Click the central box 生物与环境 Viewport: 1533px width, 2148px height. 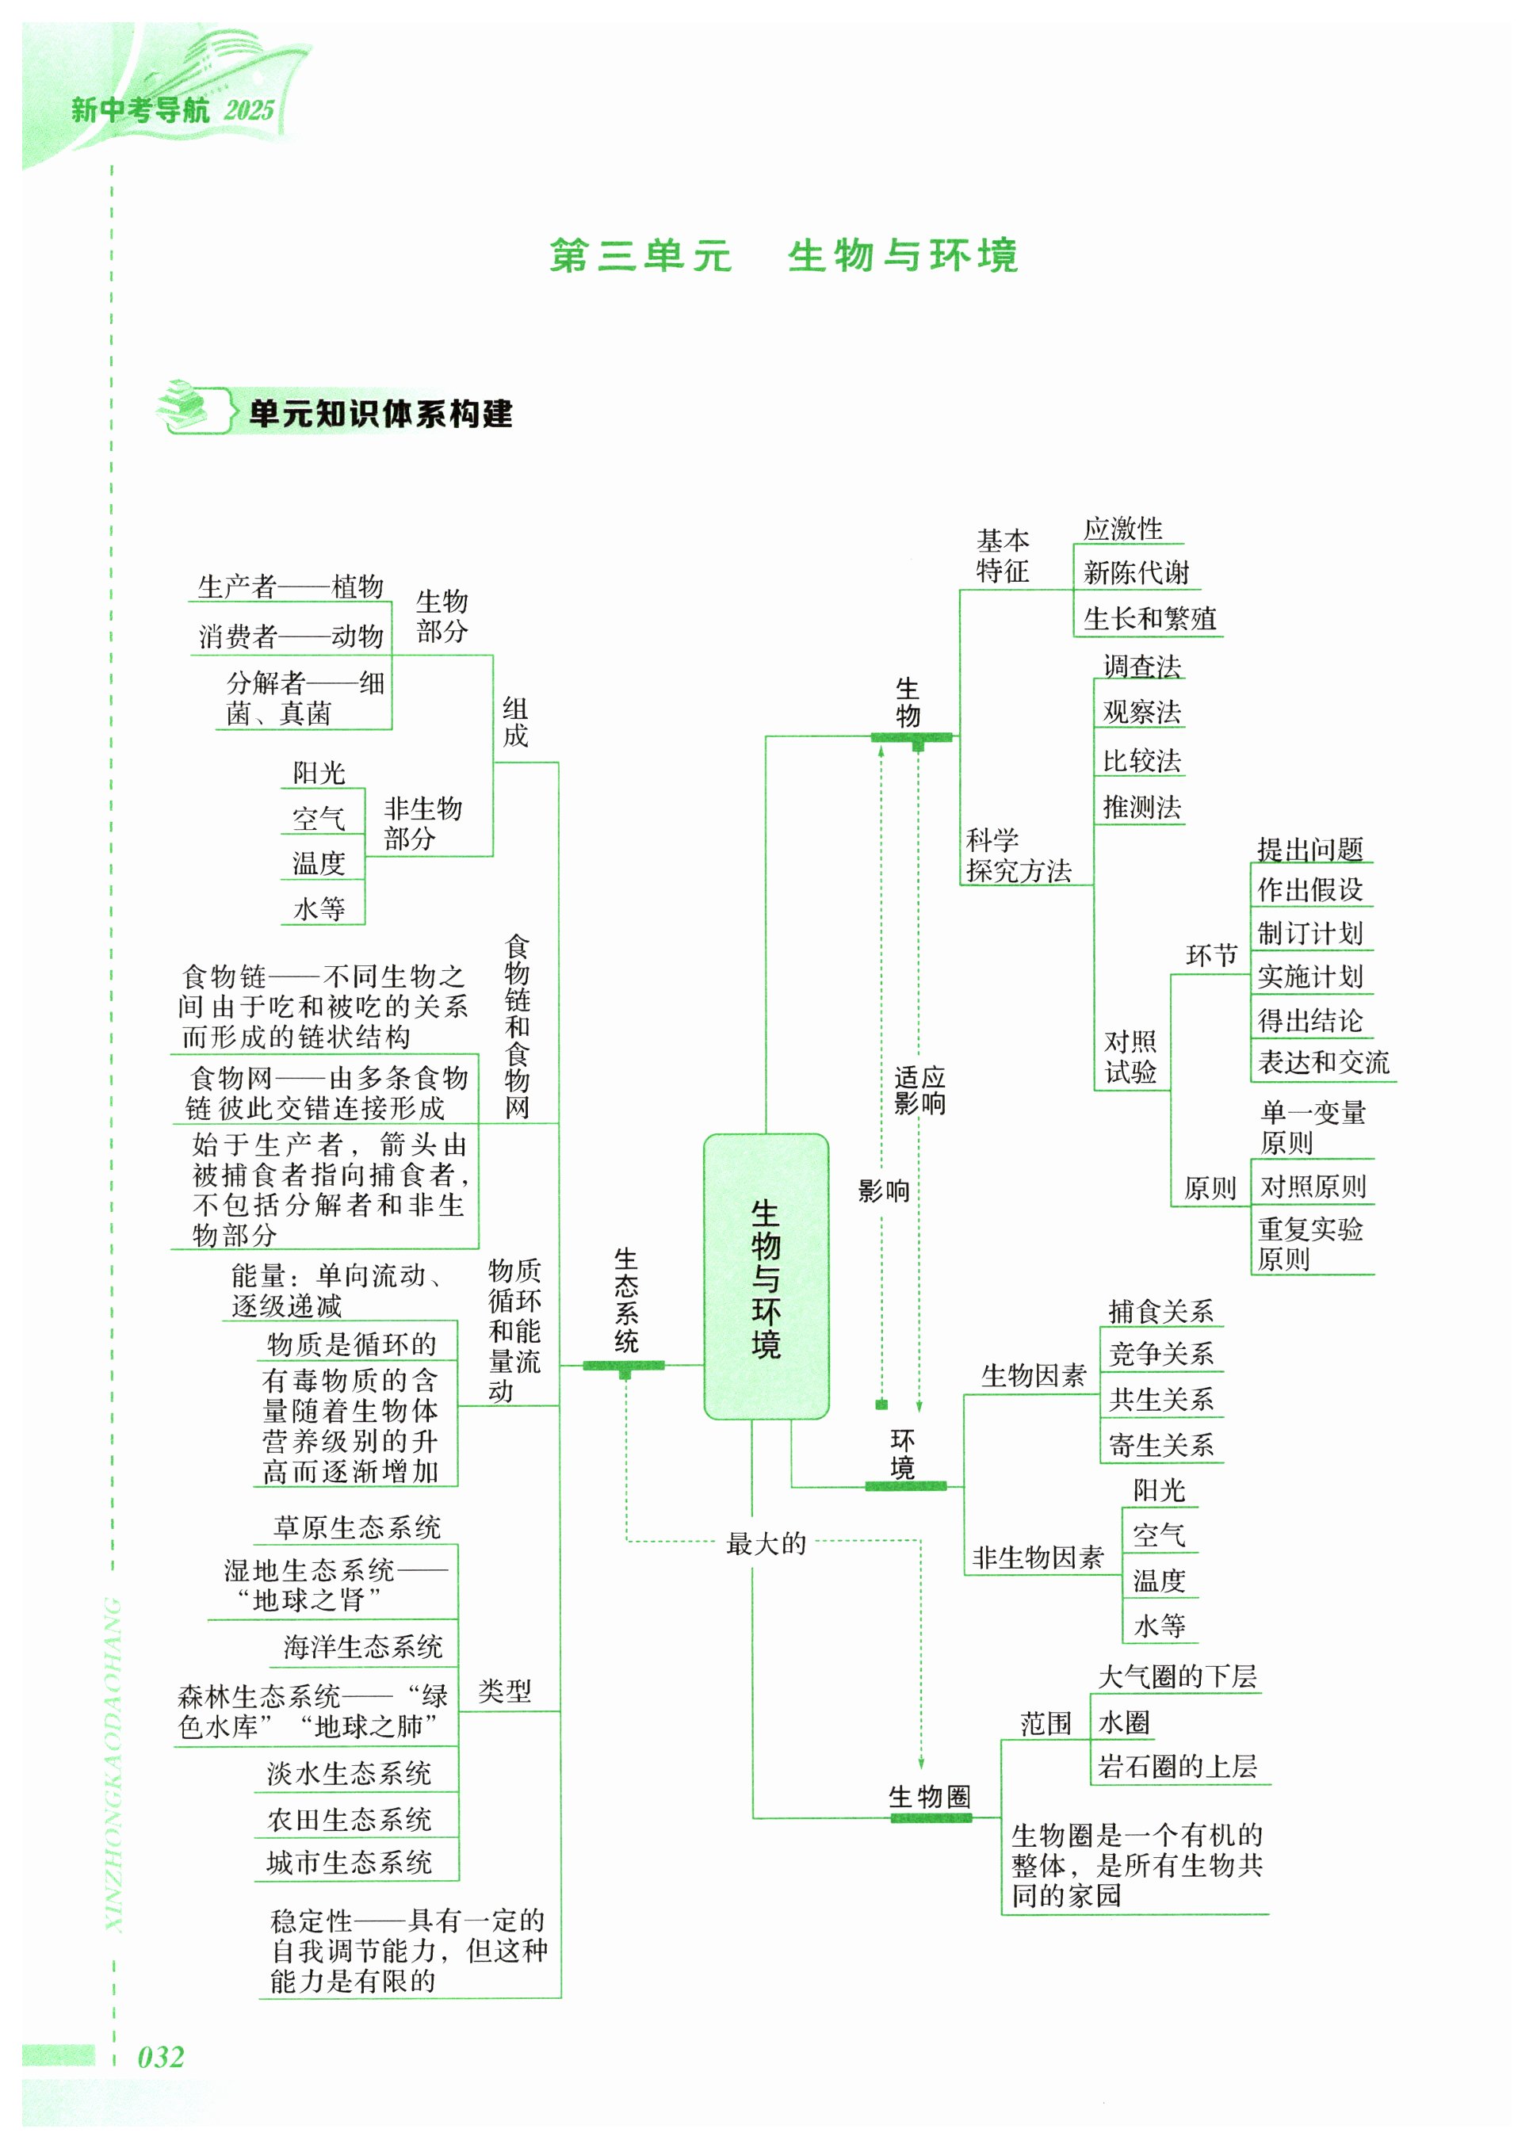pyautogui.click(x=766, y=1276)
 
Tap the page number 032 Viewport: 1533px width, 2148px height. pyautogui.click(x=162, y=2057)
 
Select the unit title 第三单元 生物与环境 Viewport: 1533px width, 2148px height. pyautogui.click(x=783, y=256)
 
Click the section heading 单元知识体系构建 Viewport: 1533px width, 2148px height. pyautogui.click(x=380, y=414)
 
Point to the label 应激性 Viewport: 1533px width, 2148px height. pyautogui.click(x=1122, y=529)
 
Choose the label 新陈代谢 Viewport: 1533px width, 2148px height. pyautogui.click(x=1136, y=572)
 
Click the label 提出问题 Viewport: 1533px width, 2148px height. pyautogui.click(x=1309, y=850)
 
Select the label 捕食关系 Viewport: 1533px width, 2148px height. pyautogui.click(x=1160, y=1311)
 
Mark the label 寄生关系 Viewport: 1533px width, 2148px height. pyautogui.click(x=1160, y=1445)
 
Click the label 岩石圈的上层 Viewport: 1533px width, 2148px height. pyautogui.click(x=1177, y=1767)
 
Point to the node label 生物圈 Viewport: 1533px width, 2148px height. pyautogui.click(x=929, y=1797)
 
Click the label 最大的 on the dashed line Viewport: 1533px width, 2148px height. pyautogui.click(x=766, y=1544)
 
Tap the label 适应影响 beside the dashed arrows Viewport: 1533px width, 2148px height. pyautogui.click(x=919, y=1090)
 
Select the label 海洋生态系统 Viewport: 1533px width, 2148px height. pyautogui.click(x=362, y=1647)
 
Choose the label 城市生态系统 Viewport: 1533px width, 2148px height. pyautogui.click(x=350, y=1862)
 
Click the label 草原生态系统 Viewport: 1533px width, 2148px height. pyautogui.click(x=357, y=1527)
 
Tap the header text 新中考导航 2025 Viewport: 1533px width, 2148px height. pyautogui.click(x=173, y=110)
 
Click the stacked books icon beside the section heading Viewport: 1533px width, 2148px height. pyautogui.click(x=186, y=407)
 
